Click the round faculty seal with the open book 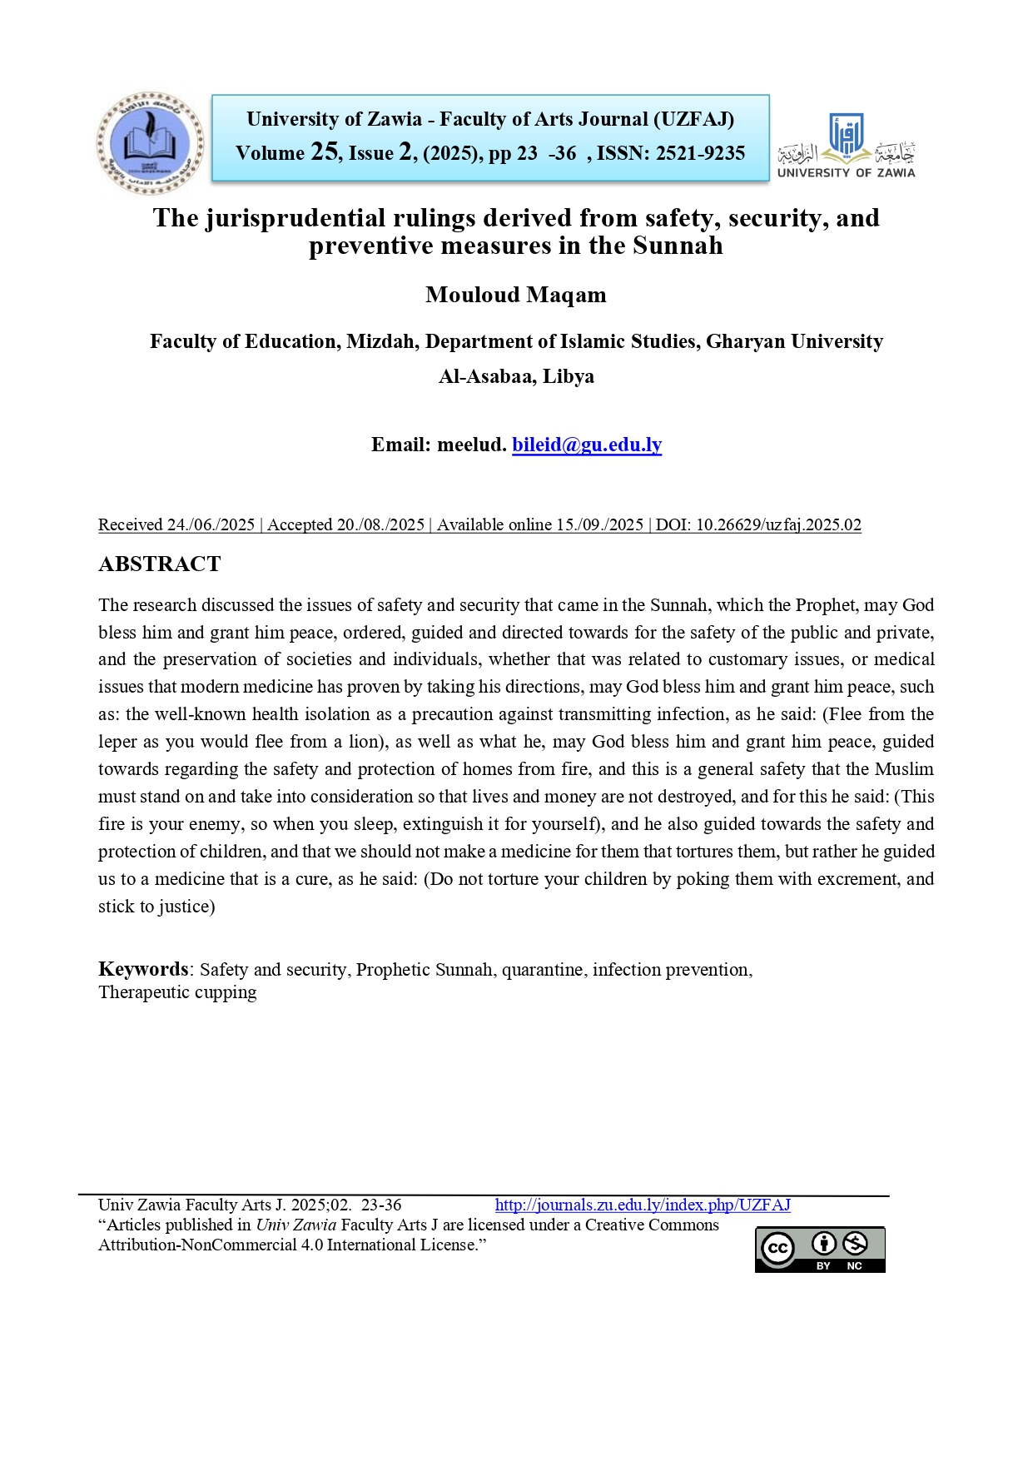click(x=150, y=143)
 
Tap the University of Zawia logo click(x=846, y=145)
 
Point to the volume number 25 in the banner click(x=324, y=152)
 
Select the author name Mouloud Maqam click(x=515, y=295)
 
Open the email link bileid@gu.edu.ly click(x=587, y=445)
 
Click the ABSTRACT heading click(x=160, y=564)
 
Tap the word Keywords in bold click(x=143, y=969)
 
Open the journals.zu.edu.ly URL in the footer click(x=643, y=1205)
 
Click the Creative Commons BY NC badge click(x=820, y=1249)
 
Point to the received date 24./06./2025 click(x=211, y=524)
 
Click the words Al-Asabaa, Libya click(x=516, y=376)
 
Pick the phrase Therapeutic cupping click(x=177, y=992)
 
